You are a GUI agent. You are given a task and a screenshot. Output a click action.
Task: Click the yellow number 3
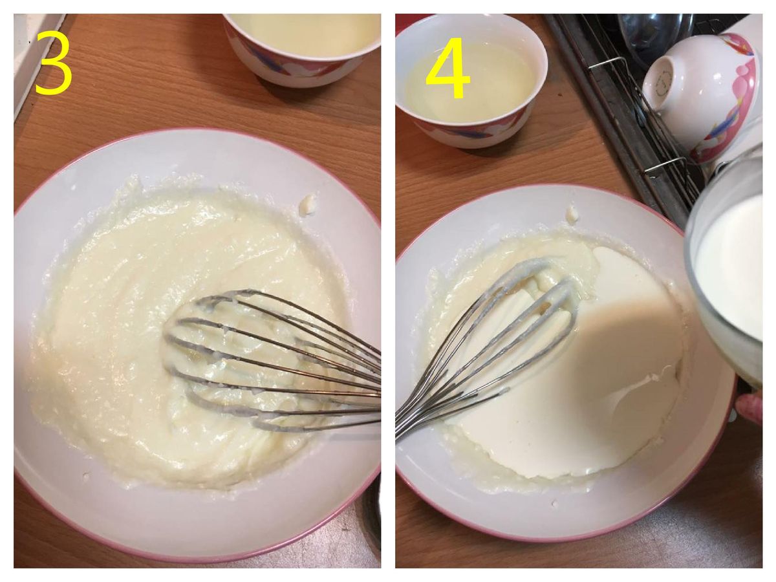[54, 63]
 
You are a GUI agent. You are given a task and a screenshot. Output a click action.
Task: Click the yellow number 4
[448, 67]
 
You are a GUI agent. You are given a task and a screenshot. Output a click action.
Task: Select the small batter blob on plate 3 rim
[307, 204]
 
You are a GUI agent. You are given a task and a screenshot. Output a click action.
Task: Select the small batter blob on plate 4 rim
[572, 214]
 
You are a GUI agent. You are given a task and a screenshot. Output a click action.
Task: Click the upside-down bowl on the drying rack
[702, 96]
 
